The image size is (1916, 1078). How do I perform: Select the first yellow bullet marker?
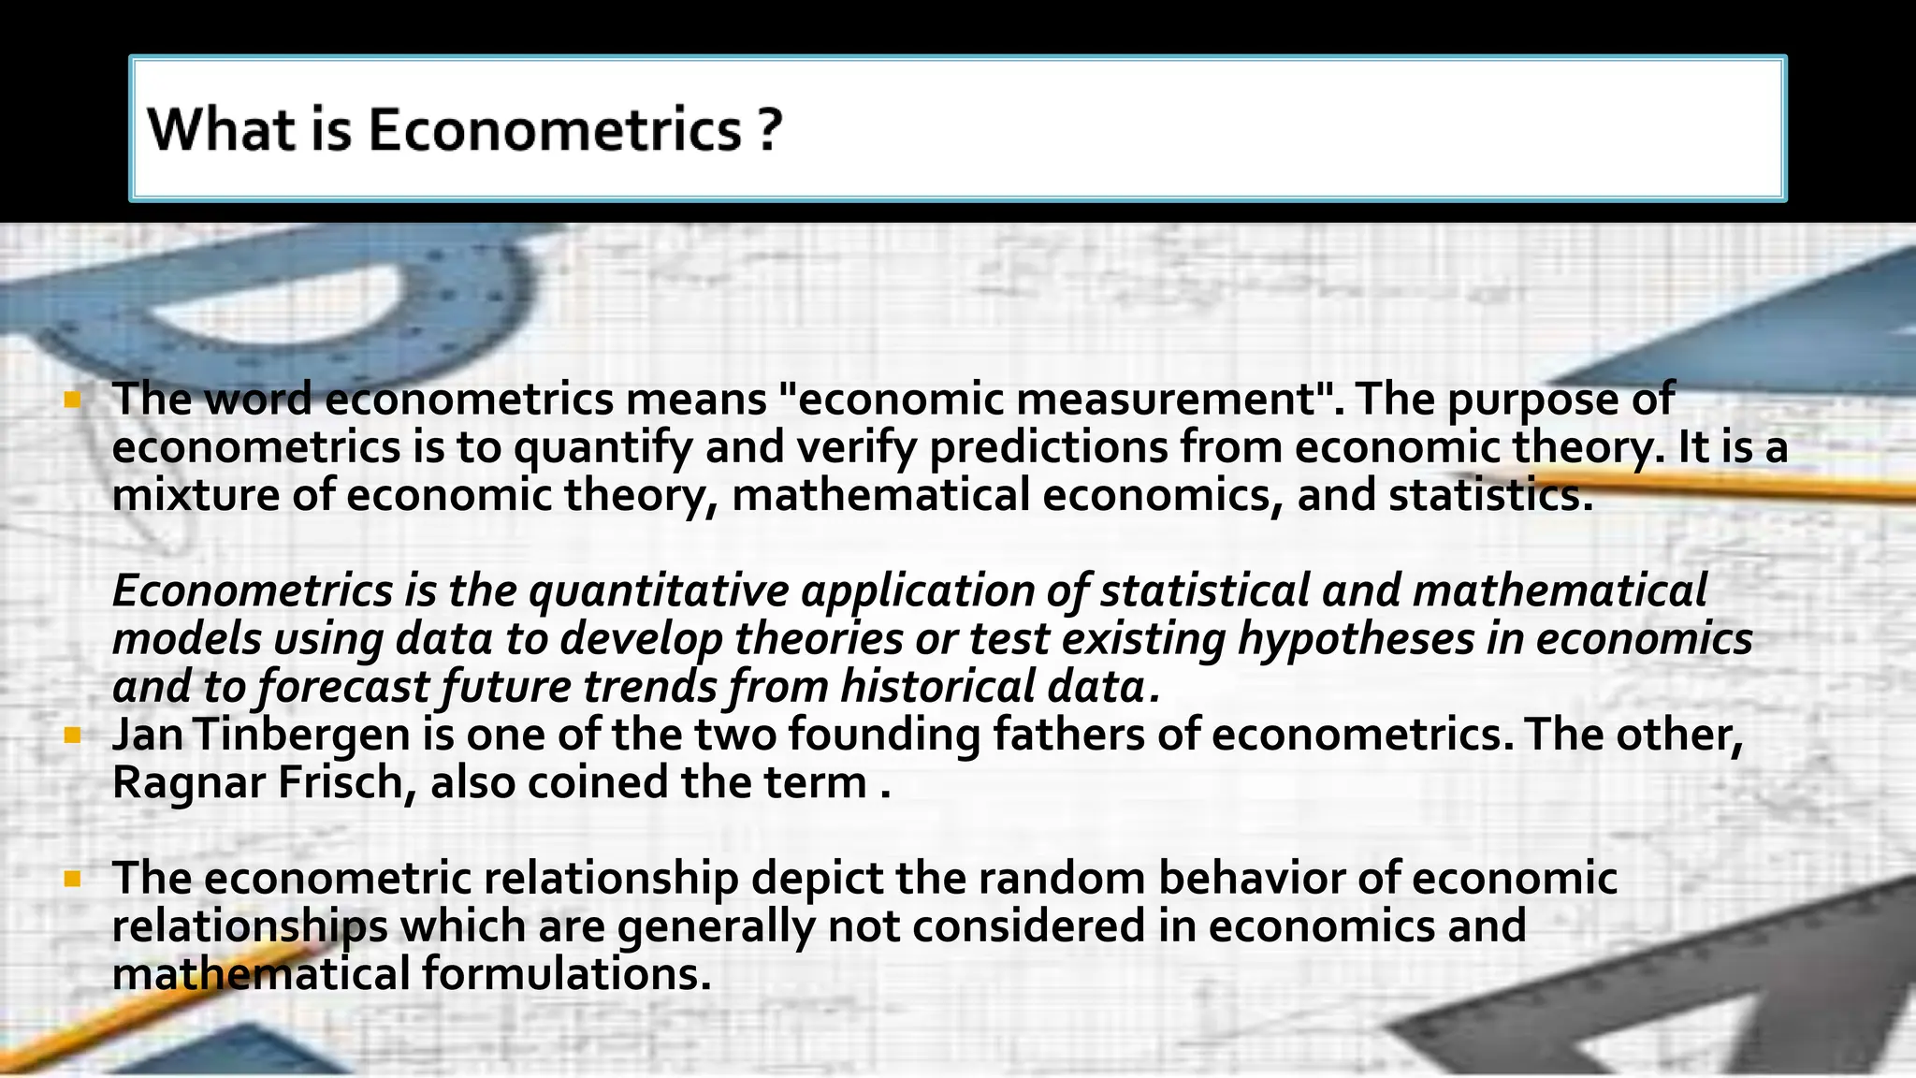[72, 401]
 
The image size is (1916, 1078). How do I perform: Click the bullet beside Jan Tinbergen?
[72, 736]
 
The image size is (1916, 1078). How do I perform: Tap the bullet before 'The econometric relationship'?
[72, 880]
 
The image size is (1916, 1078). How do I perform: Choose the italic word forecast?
[342, 687]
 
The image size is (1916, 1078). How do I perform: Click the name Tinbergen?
[302, 735]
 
